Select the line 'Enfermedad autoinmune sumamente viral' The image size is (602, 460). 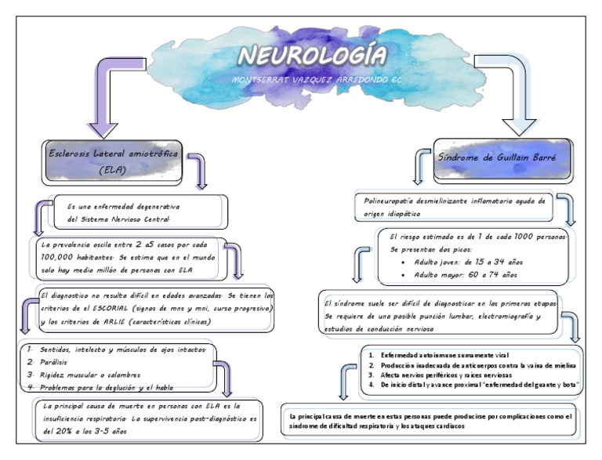pyautogui.click(x=444, y=355)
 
